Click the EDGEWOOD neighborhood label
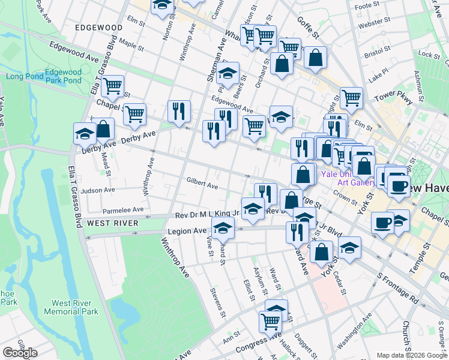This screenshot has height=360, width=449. (99, 28)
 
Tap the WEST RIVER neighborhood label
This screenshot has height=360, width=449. (112, 223)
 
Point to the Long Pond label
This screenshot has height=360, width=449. (25, 76)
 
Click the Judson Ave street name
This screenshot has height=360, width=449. (98, 190)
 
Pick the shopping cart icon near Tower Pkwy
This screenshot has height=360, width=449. (351, 97)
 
